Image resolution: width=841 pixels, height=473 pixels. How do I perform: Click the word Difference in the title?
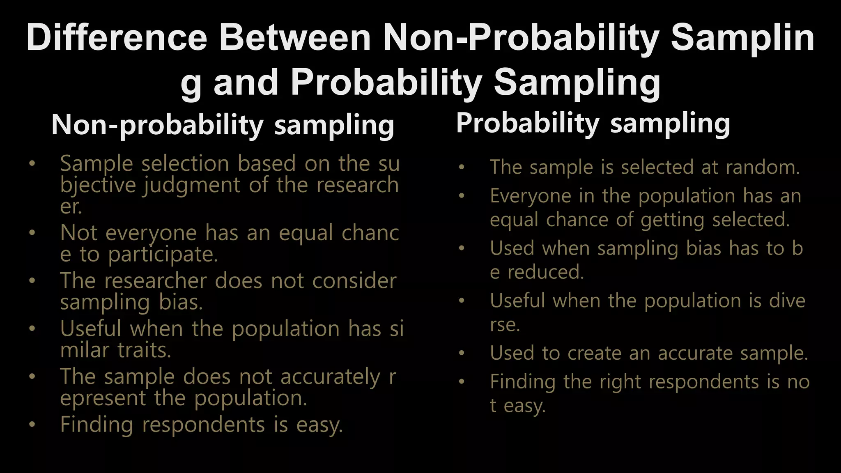117,37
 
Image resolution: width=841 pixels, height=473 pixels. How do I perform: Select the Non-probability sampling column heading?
223,125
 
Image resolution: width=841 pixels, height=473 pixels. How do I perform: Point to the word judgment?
191,186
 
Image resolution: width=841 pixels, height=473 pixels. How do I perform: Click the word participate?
163,255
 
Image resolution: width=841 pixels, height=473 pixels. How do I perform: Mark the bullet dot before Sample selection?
32,164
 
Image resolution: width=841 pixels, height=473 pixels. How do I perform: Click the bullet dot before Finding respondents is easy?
32,425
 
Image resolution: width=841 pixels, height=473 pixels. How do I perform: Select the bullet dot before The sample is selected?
462,168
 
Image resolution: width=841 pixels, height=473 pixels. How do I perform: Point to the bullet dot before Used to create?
462,354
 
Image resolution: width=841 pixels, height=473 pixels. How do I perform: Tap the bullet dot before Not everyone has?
32,233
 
